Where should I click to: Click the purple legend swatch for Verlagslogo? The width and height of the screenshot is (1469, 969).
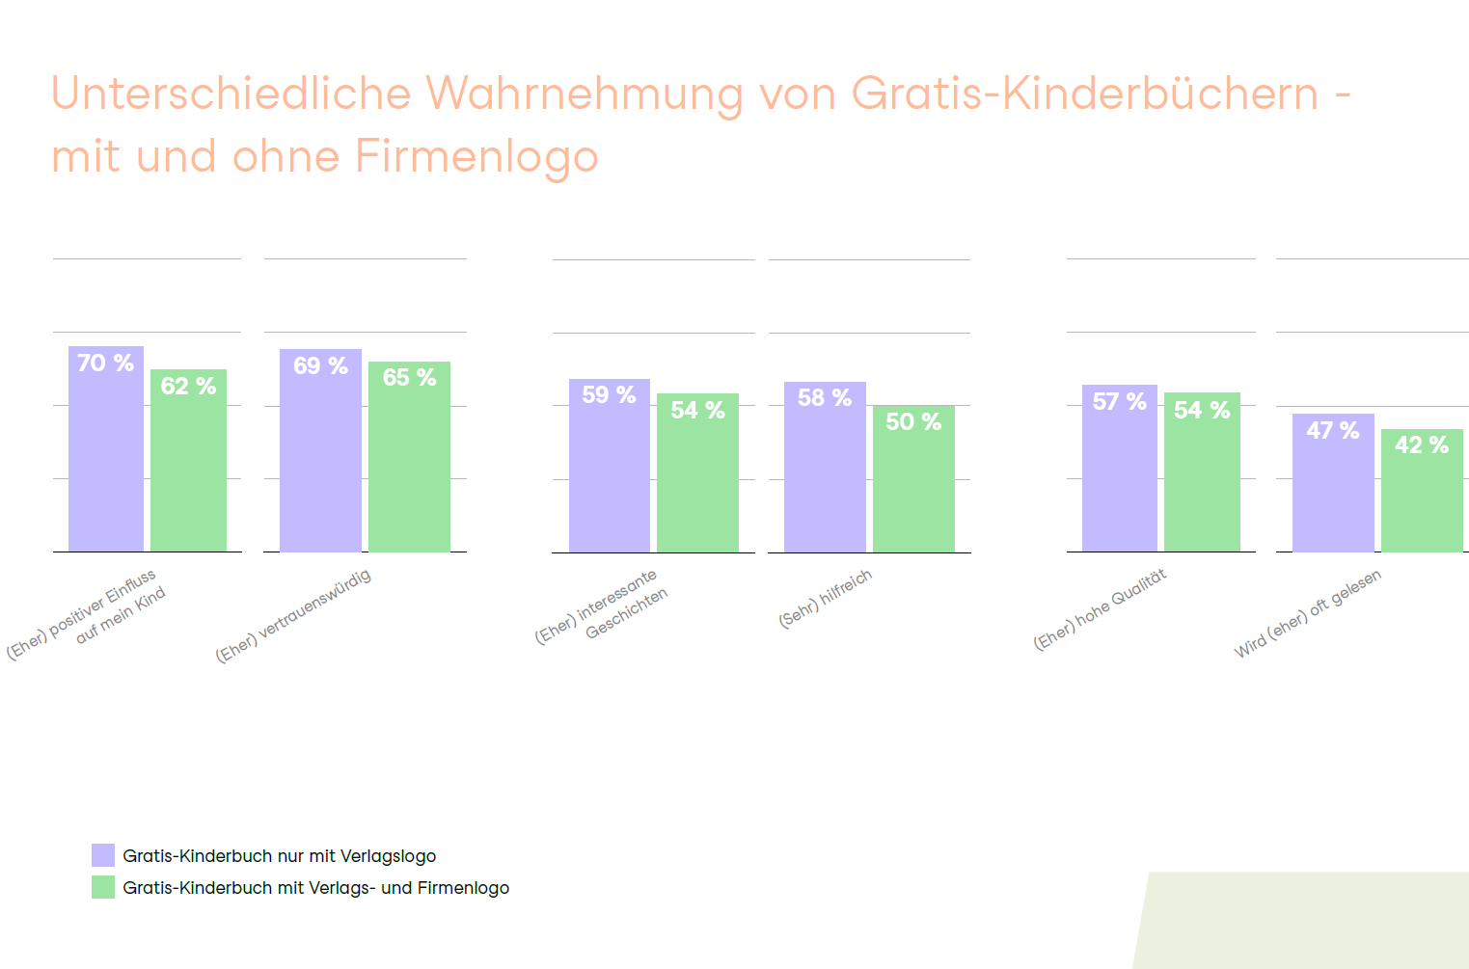point(103,855)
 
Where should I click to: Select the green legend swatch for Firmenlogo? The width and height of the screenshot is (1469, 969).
point(103,887)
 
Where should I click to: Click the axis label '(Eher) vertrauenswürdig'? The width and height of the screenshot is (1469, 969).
point(293,616)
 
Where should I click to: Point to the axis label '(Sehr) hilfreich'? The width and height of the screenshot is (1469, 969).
point(826,598)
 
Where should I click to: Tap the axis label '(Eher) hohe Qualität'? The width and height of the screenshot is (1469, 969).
point(1100,609)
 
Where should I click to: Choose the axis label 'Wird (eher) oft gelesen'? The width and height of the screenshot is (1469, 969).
point(1308,613)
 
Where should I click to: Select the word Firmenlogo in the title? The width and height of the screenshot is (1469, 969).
point(476,156)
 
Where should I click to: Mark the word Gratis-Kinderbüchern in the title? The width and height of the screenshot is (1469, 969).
point(1084,94)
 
